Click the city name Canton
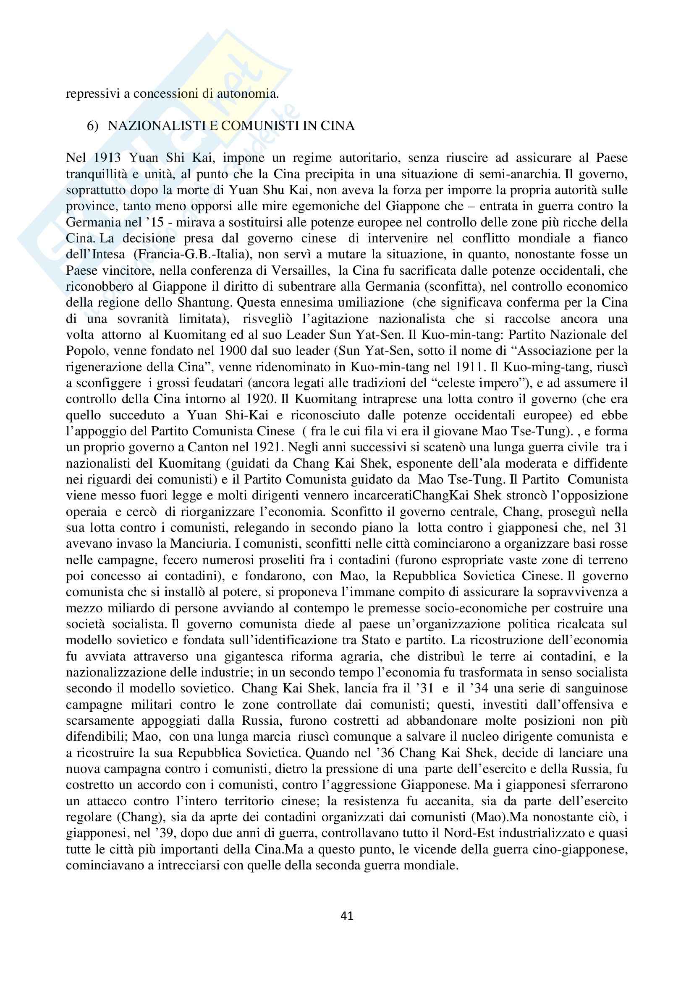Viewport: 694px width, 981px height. tap(223, 448)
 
